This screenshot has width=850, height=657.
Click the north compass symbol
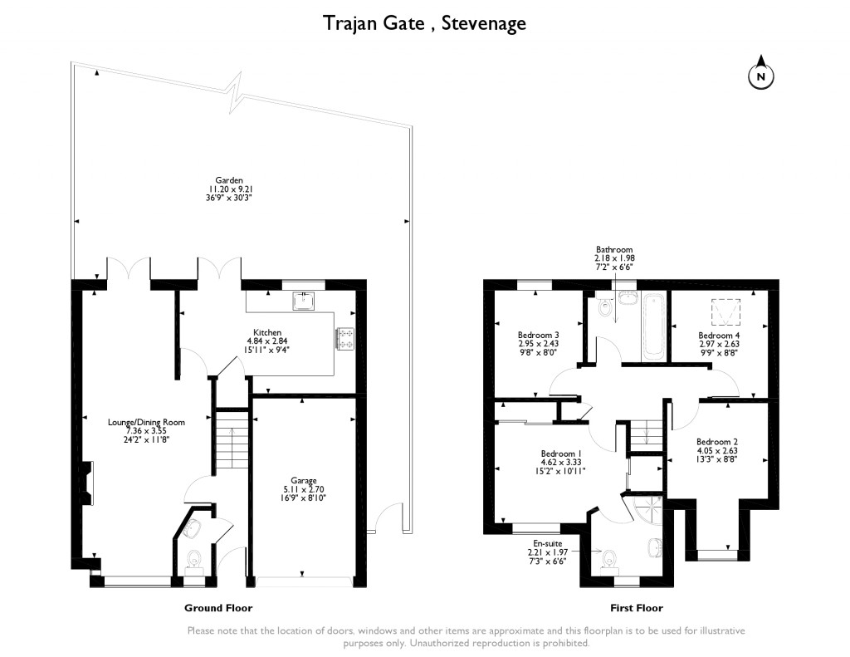(x=761, y=76)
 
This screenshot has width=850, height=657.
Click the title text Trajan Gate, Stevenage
(x=424, y=23)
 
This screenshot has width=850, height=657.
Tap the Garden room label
(x=228, y=179)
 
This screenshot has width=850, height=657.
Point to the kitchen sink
(x=304, y=299)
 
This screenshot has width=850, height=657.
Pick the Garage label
(x=303, y=481)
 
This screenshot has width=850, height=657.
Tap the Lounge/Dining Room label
(x=146, y=422)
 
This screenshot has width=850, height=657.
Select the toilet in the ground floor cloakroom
(x=195, y=559)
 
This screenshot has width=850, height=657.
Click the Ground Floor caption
(x=217, y=608)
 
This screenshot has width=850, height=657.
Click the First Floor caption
(x=637, y=608)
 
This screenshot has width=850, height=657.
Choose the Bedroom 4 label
(x=719, y=335)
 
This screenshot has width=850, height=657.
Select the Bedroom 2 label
(x=717, y=441)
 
